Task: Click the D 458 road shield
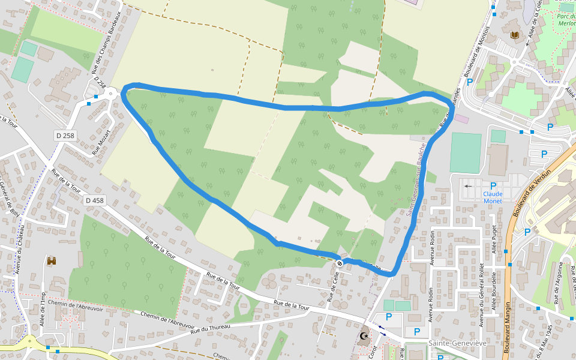tap(94, 200)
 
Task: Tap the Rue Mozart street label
tap(102, 142)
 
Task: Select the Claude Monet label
tap(493, 197)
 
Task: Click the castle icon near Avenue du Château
tap(52, 261)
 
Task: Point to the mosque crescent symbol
tap(363, 337)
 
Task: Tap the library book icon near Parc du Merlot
tap(514, 36)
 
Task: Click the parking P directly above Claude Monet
tap(493, 186)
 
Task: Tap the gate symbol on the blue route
tap(340, 263)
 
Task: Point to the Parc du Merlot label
tap(566, 20)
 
